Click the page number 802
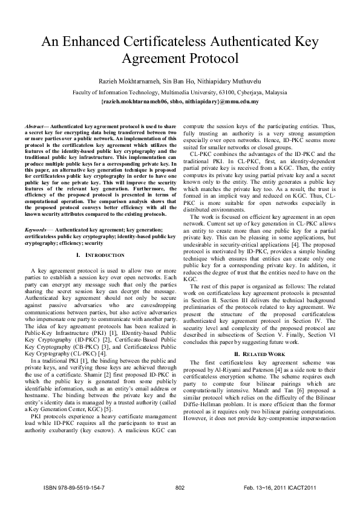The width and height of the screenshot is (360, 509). pyautogui.click(x=180, y=487)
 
